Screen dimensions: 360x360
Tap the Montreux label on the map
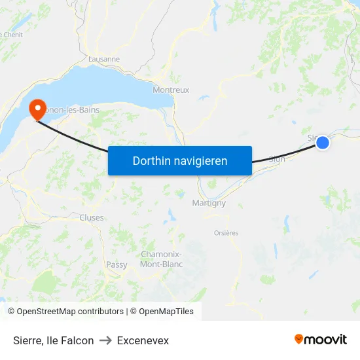(x=171, y=90)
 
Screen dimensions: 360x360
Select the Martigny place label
(x=209, y=203)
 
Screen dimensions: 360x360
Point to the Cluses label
(x=91, y=217)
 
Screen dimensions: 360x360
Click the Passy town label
(x=117, y=264)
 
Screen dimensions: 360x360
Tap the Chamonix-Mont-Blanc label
(x=162, y=259)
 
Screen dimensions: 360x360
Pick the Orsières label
(x=226, y=232)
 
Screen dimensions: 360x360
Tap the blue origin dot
(x=322, y=142)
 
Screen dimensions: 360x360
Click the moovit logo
(x=320, y=340)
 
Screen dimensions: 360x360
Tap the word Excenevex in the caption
(x=143, y=340)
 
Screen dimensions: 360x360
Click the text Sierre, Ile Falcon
(x=53, y=340)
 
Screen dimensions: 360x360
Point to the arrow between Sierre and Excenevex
(x=105, y=340)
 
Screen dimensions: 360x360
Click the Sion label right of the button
(x=277, y=159)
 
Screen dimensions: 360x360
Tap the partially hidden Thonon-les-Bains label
(x=73, y=110)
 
